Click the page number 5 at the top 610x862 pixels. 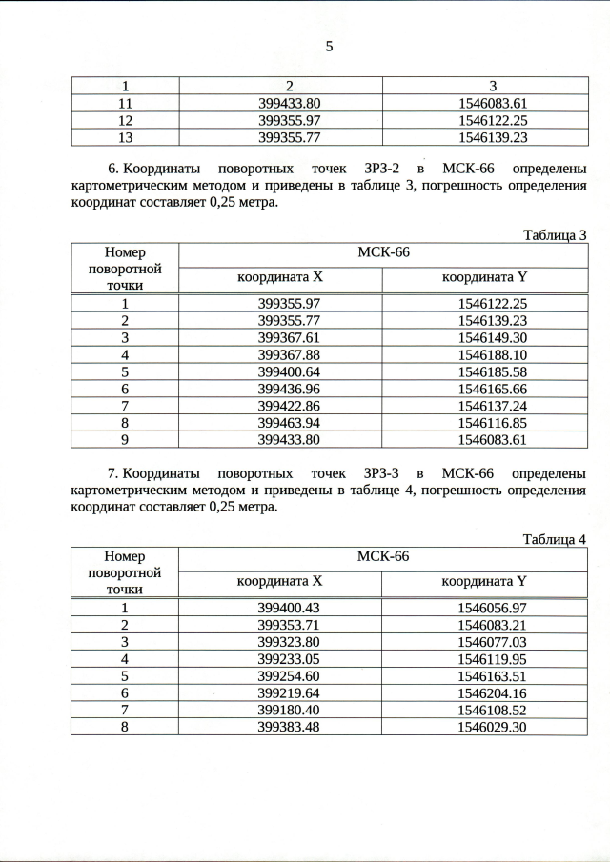coord(329,45)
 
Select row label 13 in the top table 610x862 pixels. coord(125,137)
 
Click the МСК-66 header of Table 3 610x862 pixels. coord(382,252)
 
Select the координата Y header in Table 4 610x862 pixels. coord(484,580)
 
